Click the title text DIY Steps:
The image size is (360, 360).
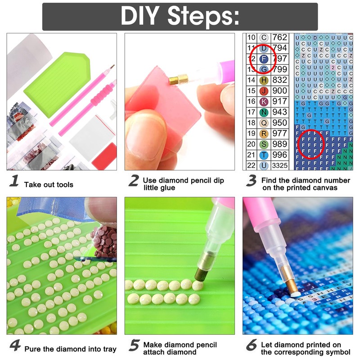[180, 17]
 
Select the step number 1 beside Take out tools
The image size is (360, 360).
[14, 182]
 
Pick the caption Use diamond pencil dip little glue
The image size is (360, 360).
[183, 184]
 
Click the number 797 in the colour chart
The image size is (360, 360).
[279, 59]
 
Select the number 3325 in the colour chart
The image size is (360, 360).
[279, 165]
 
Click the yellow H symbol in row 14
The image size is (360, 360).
[264, 80]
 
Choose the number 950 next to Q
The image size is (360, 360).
[279, 123]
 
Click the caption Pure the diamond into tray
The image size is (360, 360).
[70, 349]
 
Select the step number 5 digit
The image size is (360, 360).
[134, 346]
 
